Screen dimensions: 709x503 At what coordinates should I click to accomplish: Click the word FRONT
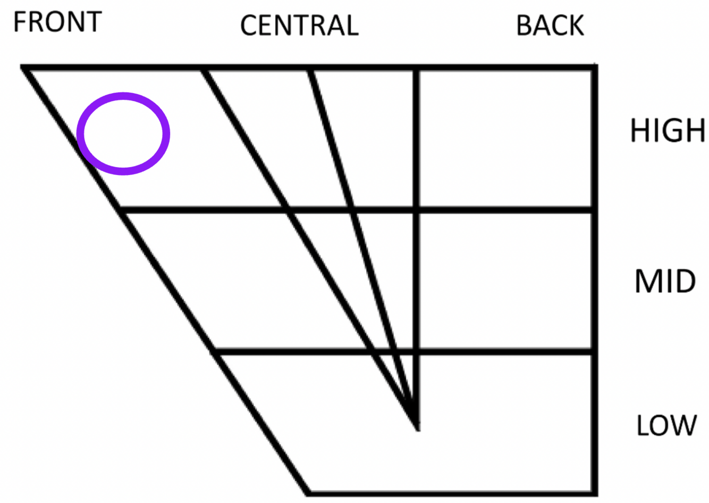pyautogui.click(x=57, y=22)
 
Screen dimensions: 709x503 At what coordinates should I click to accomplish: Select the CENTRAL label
pyautogui.click(x=299, y=26)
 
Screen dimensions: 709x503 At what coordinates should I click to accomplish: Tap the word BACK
pyautogui.click(x=550, y=26)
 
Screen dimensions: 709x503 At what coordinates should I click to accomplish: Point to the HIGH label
pyautogui.click(x=668, y=130)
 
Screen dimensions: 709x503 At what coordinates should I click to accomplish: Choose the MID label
pyautogui.click(x=665, y=281)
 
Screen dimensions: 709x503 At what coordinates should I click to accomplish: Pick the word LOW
pyautogui.click(x=666, y=425)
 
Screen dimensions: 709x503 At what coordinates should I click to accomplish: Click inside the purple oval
pyautogui.click(x=123, y=134)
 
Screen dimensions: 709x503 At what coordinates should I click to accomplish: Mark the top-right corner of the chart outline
pyautogui.click(x=595, y=68)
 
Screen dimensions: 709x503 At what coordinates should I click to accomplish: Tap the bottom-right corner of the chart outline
pyautogui.click(x=595, y=492)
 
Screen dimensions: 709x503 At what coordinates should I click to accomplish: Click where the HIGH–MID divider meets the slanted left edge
pyautogui.click(x=121, y=210)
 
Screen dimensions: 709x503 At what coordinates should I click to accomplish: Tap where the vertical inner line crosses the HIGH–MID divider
pyautogui.click(x=416, y=210)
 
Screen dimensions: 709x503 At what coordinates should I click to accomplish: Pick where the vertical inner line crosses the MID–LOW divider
pyautogui.click(x=416, y=351)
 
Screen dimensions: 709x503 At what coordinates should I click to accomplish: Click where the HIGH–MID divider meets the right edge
pyautogui.click(x=595, y=210)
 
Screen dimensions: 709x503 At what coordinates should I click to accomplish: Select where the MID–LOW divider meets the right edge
pyautogui.click(x=595, y=351)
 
